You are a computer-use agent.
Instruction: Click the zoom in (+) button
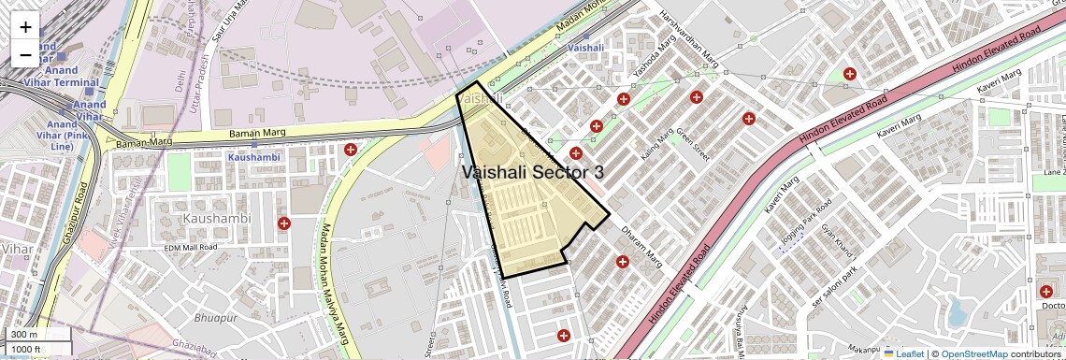(25, 28)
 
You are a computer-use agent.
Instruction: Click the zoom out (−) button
(25, 55)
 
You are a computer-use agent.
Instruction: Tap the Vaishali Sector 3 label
(532, 172)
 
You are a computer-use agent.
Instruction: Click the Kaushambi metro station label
(253, 157)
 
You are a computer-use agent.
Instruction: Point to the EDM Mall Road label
(191, 247)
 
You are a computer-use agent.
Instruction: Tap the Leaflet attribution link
(903, 354)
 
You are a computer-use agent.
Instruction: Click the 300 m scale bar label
(24, 335)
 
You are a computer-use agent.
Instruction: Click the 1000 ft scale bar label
(26, 349)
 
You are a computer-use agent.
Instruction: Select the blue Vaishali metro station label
(586, 47)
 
